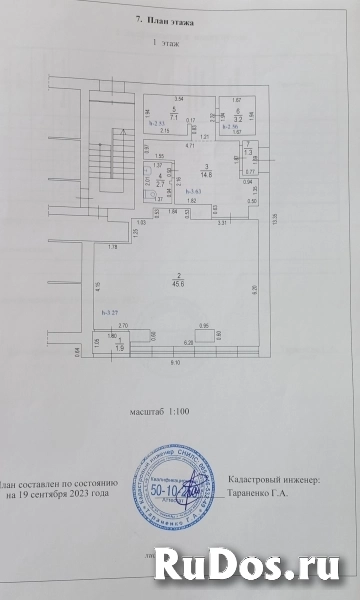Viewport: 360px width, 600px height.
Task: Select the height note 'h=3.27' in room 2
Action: pyautogui.click(x=110, y=314)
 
